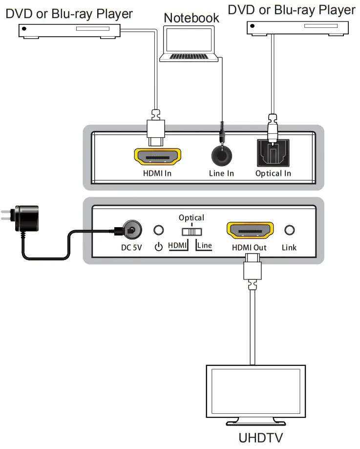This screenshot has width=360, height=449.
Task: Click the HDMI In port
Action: pyautogui.click(x=157, y=157)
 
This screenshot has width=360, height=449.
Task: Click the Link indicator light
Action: pyautogui.click(x=289, y=230)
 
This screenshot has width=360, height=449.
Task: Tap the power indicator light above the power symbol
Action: pyautogui.click(x=159, y=230)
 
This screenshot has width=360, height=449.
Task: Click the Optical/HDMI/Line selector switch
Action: pyautogui.click(x=191, y=231)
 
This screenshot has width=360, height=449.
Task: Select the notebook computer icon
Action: pyautogui.click(x=190, y=44)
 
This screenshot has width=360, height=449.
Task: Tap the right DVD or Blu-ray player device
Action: pyautogui.click(x=297, y=27)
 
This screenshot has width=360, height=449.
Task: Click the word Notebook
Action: pyautogui.click(x=191, y=18)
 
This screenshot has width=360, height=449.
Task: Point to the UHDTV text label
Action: pyautogui.click(x=261, y=438)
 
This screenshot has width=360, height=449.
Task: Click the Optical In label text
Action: pyautogui.click(x=273, y=173)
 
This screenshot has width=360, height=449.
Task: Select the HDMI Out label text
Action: pyautogui.click(x=249, y=248)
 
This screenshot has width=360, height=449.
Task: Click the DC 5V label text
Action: pyautogui.click(x=131, y=248)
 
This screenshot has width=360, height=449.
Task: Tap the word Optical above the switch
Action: pyautogui.click(x=191, y=217)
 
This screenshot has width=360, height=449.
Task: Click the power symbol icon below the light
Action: pyautogui.click(x=158, y=247)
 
